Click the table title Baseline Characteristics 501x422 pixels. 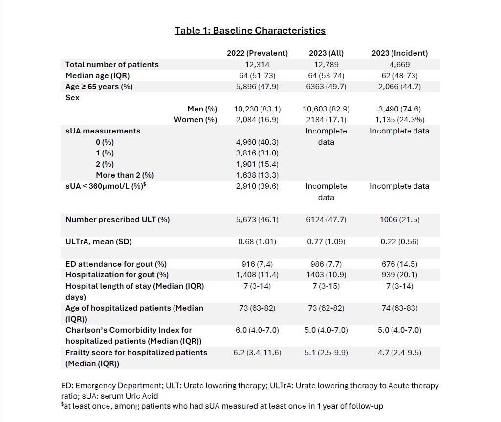point(250,31)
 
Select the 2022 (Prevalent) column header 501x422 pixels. point(257,53)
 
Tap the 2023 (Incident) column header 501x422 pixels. point(399,53)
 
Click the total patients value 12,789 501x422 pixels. point(326,65)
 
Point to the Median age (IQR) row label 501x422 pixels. point(97,76)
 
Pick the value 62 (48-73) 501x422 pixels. point(399,76)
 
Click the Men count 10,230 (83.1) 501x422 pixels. point(257,109)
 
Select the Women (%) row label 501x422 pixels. point(196,120)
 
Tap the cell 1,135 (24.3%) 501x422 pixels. point(399,120)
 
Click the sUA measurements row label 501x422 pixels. point(103,131)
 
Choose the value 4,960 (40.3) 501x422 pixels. point(257,142)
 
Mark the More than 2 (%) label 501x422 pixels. point(125,175)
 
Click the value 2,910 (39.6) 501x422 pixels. point(257,186)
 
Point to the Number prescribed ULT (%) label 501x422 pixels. point(117,220)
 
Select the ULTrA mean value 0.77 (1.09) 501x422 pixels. point(326,242)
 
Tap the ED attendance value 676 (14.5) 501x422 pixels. point(399,264)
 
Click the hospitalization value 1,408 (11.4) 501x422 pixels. point(257,275)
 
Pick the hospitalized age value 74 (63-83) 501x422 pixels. point(399,308)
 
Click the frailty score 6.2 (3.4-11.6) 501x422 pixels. point(257,353)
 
